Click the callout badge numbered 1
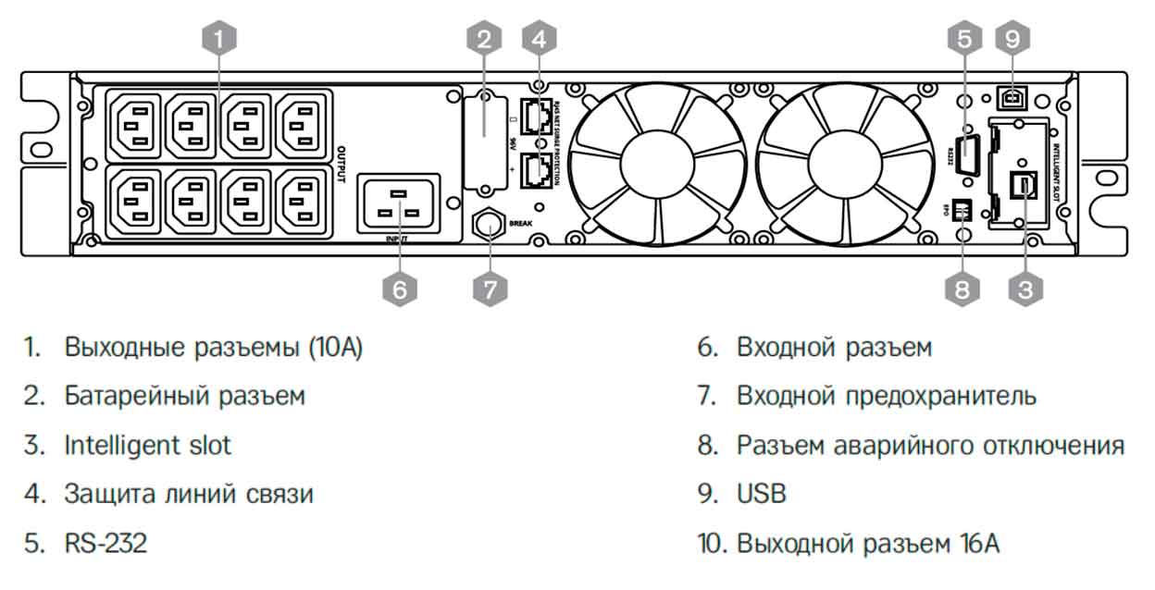pos(218,39)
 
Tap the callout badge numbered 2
pos(484,39)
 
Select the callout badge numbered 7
pos(491,289)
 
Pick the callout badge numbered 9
pos(1012,39)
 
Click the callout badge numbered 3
pos(1025,289)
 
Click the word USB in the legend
pos(761,494)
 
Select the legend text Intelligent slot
pos(147,445)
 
